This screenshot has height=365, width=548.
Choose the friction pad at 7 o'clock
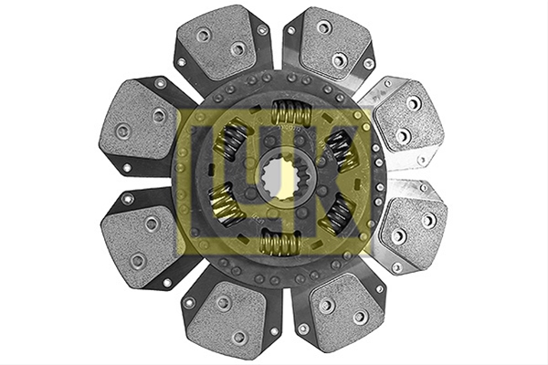coord(227,316)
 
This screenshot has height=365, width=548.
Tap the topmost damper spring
coord(291,111)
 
